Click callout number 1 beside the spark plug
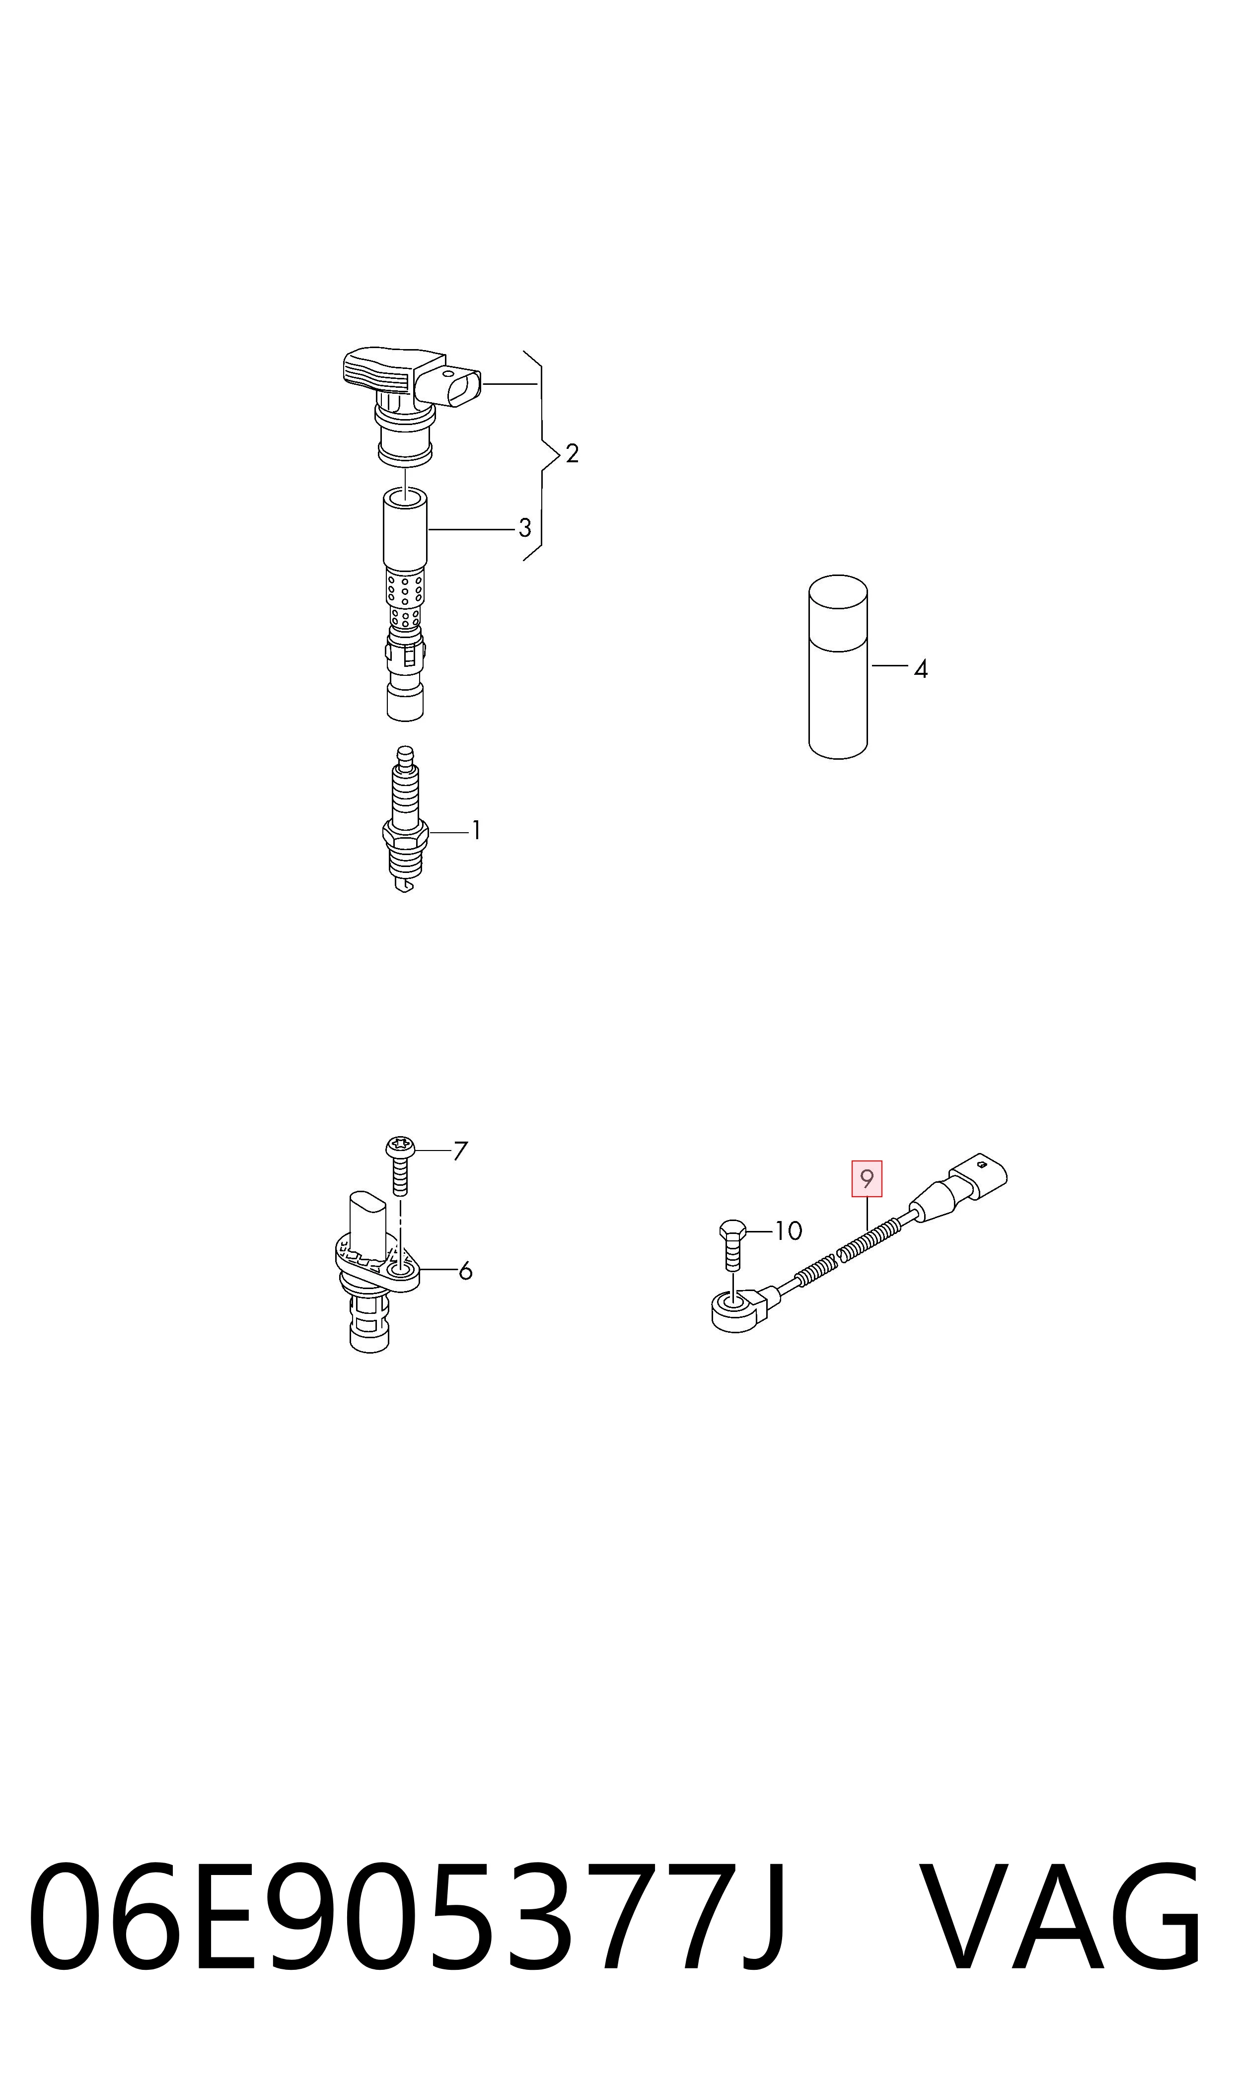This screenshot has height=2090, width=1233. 476,830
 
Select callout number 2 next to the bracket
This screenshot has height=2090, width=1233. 572,453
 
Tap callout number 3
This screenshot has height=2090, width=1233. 524,527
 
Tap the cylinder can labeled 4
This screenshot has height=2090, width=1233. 838,666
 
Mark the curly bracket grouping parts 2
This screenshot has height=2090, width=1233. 540,455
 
